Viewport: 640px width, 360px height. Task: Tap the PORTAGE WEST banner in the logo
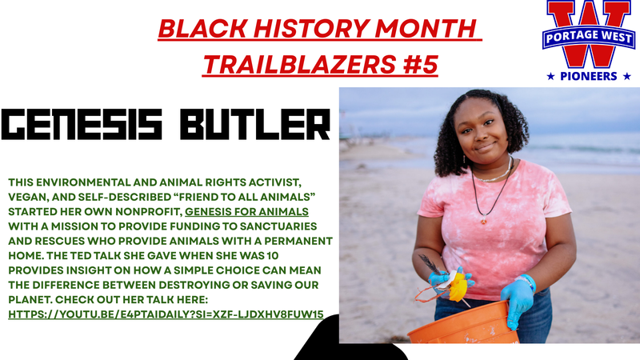point(587,37)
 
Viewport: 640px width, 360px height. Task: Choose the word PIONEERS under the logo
point(587,76)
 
